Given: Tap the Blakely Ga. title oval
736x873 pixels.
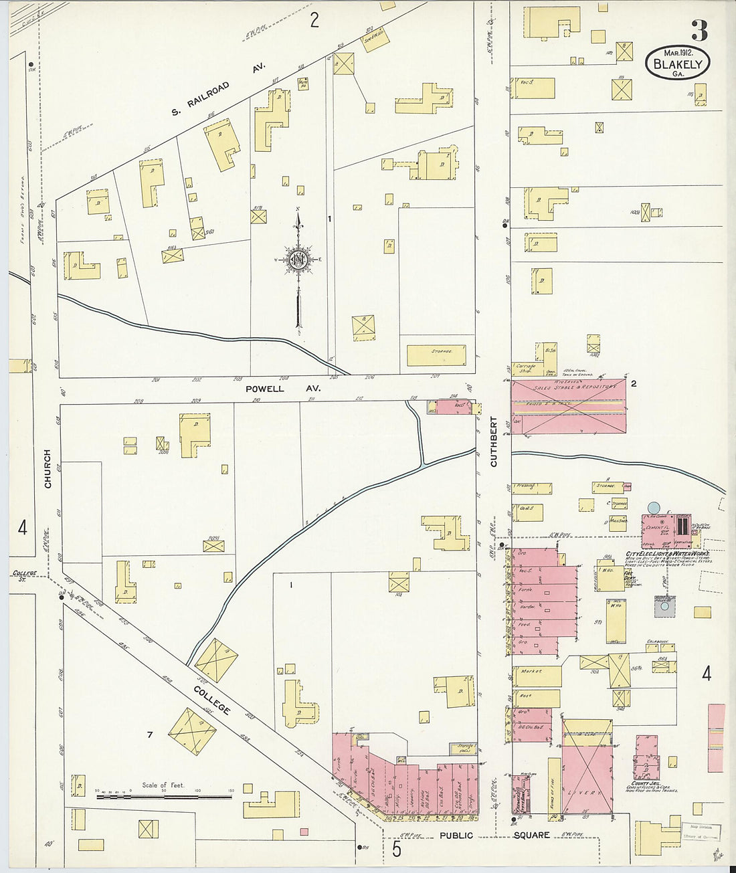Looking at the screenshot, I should coord(677,64).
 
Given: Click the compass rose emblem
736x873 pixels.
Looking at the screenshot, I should coord(299,260).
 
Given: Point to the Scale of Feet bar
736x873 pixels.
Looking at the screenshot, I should coord(164,796).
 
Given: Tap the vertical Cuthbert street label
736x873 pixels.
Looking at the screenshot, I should coord(494,442).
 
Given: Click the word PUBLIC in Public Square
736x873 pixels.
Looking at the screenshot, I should coord(456,835).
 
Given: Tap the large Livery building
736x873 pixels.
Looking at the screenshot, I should coord(587,767).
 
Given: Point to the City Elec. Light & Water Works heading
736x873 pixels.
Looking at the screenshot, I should coord(666,555).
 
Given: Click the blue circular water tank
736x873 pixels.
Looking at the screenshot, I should coord(654,508).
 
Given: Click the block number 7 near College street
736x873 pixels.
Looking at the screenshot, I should coord(150,735).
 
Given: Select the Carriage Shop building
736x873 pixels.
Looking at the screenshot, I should coord(526,370).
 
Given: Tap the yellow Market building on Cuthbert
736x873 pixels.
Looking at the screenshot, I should coord(536,675).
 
